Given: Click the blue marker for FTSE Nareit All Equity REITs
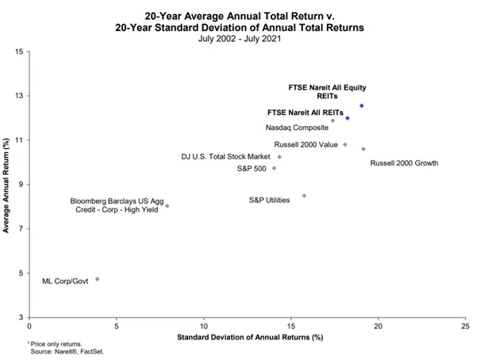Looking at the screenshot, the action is point(362,105).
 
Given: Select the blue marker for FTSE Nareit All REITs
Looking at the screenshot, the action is point(348,118).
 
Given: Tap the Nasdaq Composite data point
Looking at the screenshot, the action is point(332,121).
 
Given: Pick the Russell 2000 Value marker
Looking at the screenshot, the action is point(345,144).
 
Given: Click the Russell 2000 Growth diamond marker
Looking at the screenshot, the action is point(363,149).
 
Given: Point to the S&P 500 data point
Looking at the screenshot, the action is point(275,168).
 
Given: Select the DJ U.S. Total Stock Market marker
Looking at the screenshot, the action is point(279,157).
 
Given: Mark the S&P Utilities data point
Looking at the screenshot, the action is point(304,196).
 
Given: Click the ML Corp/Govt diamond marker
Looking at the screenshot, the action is point(98,279).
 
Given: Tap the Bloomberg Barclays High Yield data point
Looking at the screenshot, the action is point(167,206).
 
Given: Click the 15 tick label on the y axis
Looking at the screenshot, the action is point(19,52).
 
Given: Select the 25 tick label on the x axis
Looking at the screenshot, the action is point(465,326).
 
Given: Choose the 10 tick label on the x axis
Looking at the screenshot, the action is point(204,326).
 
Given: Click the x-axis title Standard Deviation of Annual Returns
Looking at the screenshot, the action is point(250,337).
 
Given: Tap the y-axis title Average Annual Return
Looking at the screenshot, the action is point(6,186).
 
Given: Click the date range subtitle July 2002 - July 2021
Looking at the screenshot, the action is point(240,39).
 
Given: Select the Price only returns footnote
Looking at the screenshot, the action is point(55,344).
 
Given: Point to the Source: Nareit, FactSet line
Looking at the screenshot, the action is point(67,352).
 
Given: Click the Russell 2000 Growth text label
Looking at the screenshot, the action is point(404,163).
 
